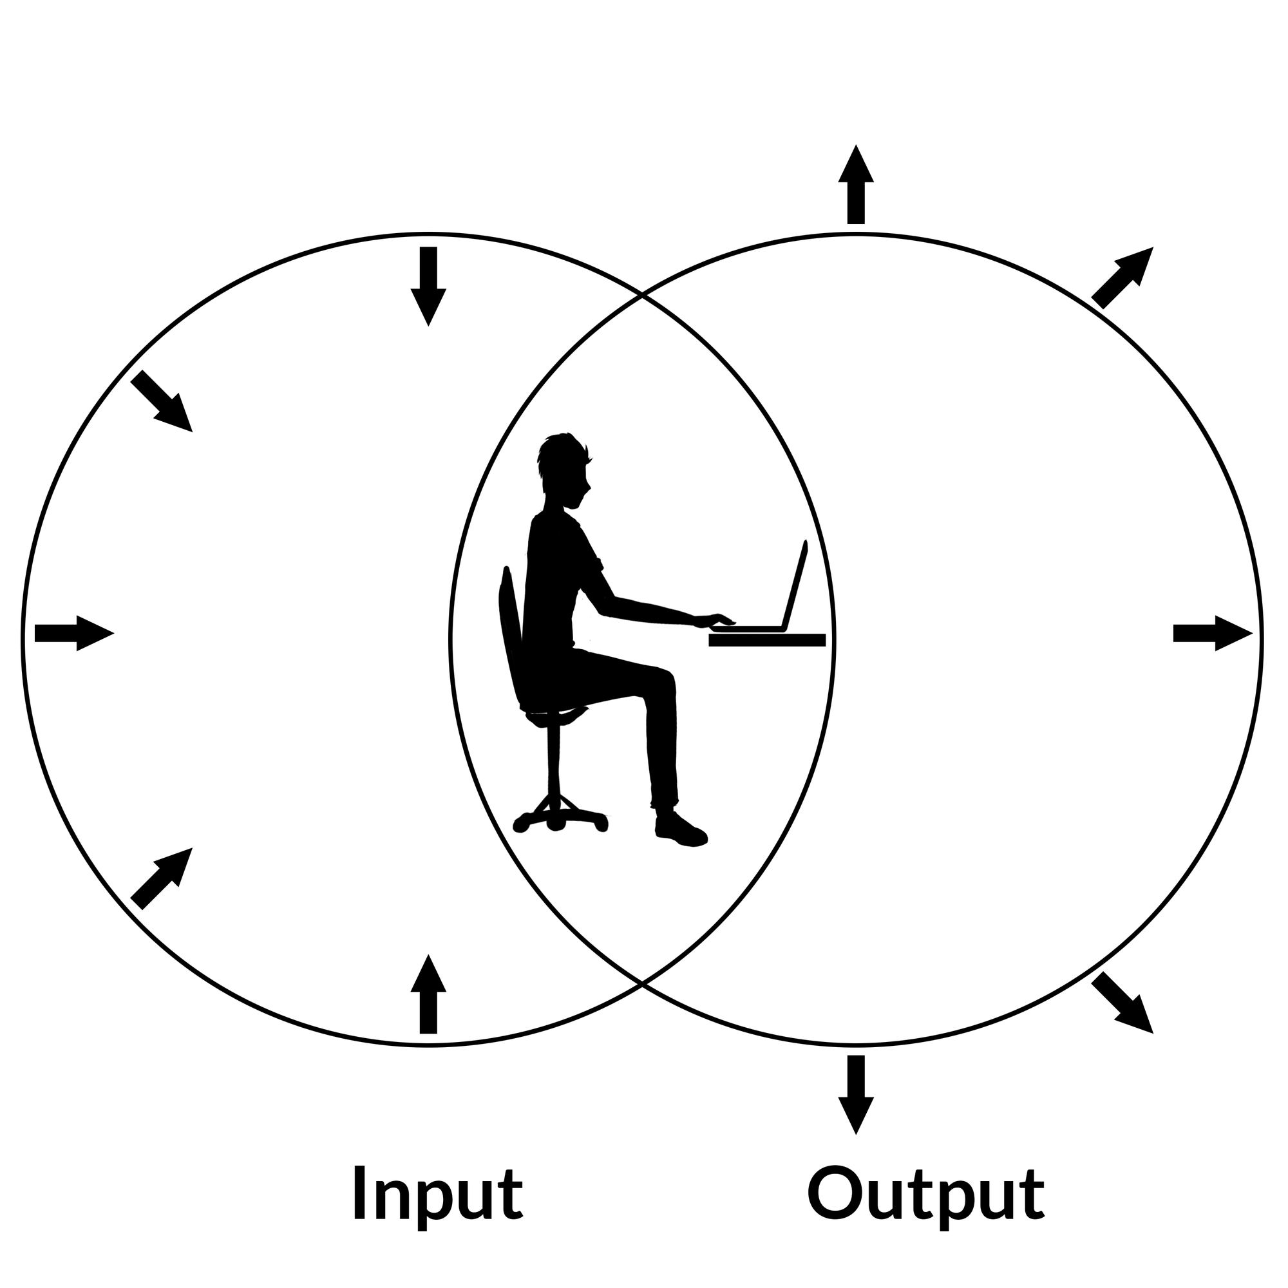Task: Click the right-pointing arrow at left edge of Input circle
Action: pos(73,632)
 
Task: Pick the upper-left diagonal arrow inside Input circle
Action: pos(162,402)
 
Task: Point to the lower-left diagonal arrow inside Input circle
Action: pos(162,878)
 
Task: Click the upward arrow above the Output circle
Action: pos(855,185)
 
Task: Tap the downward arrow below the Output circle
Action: pos(855,1094)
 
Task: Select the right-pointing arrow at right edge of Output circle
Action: pos(1212,632)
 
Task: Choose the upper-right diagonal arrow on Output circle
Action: pos(1123,277)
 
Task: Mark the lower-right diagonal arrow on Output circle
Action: pos(1123,1003)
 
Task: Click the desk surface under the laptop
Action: pos(766,640)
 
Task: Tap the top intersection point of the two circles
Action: pos(641,295)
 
